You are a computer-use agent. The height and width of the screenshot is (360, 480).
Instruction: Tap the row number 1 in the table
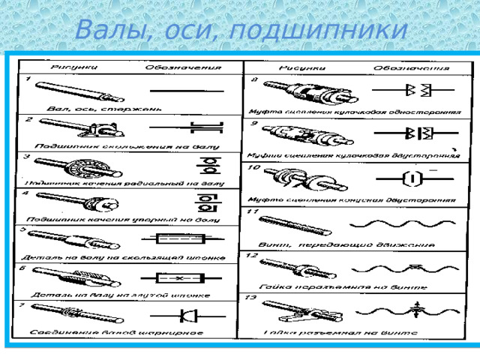tap(28, 77)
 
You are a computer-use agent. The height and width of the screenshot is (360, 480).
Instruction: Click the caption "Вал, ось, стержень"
tap(103, 109)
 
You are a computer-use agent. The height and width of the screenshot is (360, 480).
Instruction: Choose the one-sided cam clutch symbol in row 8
tap(413, 91)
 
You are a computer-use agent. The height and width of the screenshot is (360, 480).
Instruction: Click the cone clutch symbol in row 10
tap(409, 178)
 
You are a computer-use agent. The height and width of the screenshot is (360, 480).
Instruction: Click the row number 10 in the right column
tap(254, 167)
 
